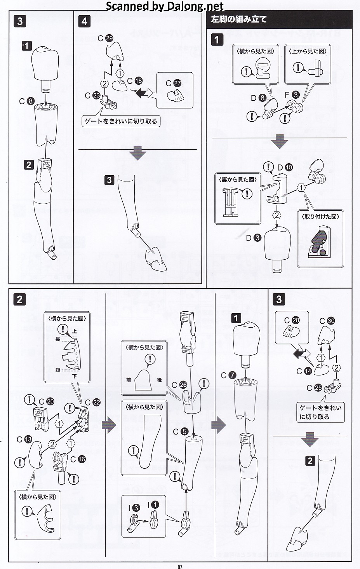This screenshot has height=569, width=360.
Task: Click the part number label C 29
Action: (105, 38)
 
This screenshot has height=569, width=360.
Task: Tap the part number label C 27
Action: (174, 83)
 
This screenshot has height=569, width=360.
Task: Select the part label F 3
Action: (292, 95)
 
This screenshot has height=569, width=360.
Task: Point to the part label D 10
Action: (285, 168)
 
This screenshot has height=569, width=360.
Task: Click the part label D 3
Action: (254, 238)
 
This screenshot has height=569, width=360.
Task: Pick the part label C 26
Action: (179, 385)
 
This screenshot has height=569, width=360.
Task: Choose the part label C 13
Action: (24, 439)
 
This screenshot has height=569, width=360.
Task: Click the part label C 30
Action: (327, 321)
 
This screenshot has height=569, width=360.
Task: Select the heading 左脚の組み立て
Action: (239, 19)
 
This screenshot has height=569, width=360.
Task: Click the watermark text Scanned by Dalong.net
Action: (165, 6)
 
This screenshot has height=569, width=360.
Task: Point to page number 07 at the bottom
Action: (180, 566)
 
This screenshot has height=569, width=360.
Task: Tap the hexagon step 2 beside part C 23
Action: (104, 83)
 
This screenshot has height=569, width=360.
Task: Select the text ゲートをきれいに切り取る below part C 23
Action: (121, 121)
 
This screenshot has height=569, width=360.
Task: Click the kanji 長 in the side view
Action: (58, 339)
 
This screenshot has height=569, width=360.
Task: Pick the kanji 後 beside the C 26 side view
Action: (160, 380)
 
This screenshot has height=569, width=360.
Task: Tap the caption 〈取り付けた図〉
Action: (320, 216)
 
